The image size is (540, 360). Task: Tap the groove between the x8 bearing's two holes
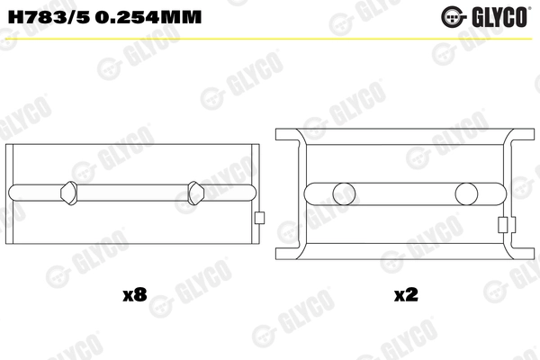tap(131, 193)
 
